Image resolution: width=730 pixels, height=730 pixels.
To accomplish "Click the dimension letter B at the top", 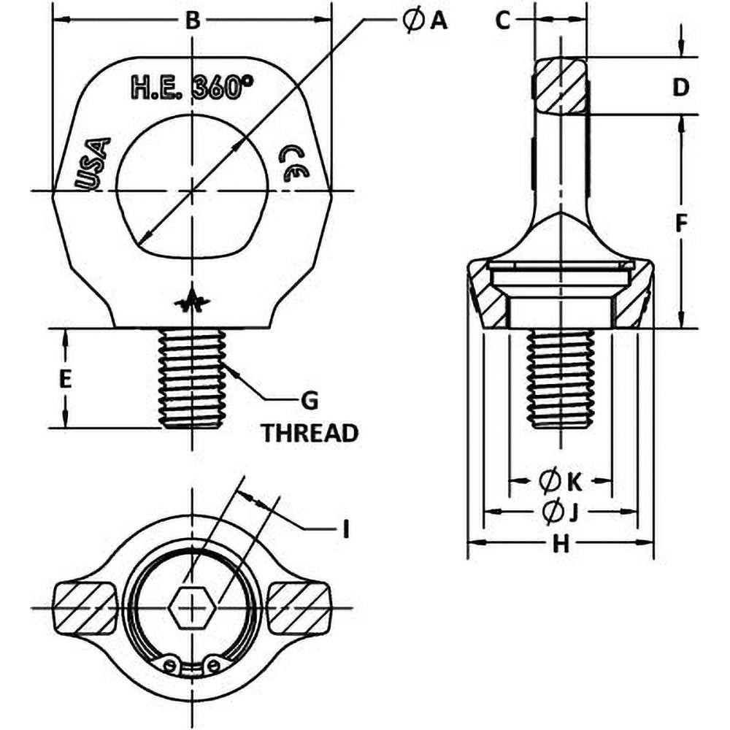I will click(191, 20).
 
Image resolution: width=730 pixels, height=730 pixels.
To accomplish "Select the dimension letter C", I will click(502, 21).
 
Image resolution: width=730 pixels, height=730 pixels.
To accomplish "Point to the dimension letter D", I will click(680, 87).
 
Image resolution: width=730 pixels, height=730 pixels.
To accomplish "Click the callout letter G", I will click(310, 400).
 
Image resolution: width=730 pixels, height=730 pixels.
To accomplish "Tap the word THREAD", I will click(310, 433).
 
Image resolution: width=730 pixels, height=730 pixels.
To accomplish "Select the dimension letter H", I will click(560, 545).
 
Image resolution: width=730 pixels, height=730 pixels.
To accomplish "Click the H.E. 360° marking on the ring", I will click(186, 88).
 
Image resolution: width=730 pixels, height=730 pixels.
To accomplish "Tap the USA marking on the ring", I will click(93, 164).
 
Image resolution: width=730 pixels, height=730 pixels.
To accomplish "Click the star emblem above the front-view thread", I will click(192, 301).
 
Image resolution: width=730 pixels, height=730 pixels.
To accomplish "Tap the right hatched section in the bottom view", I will click(299, 607).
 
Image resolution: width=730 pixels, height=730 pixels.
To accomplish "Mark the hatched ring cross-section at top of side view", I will click(558, 86).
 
